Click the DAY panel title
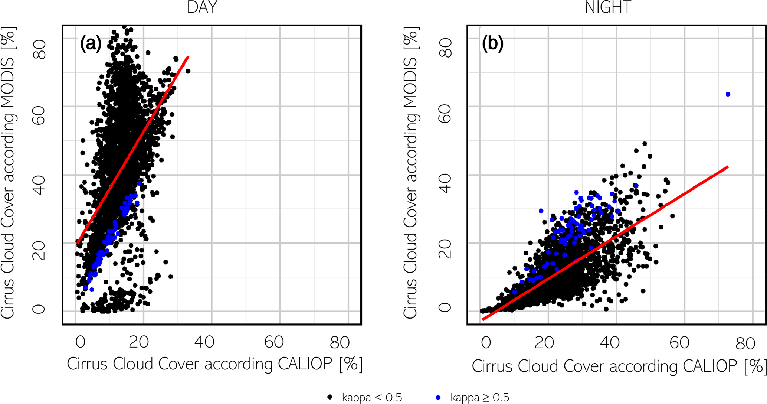click(x=202, y=8)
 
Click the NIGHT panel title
click(x=607, y=8)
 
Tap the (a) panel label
click(x=91, y=44)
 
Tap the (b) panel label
click(x=492, y=43)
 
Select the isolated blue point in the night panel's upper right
click(x=728, y=94)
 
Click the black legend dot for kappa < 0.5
click(x=330, y=397)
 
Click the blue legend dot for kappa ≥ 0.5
click(x=438, y=397)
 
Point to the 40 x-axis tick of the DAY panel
click(x=204, y=342)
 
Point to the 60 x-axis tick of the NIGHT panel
click(x=679, y=343)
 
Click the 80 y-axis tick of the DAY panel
click(x=39, y=50)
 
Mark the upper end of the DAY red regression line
click(x=188, y=57)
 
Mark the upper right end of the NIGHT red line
click(x=728, y=167)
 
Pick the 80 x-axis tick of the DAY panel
click(x=340, y=342)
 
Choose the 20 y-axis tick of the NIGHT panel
click(x=445, y=249)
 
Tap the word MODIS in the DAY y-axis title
click(x=7, y=80)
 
